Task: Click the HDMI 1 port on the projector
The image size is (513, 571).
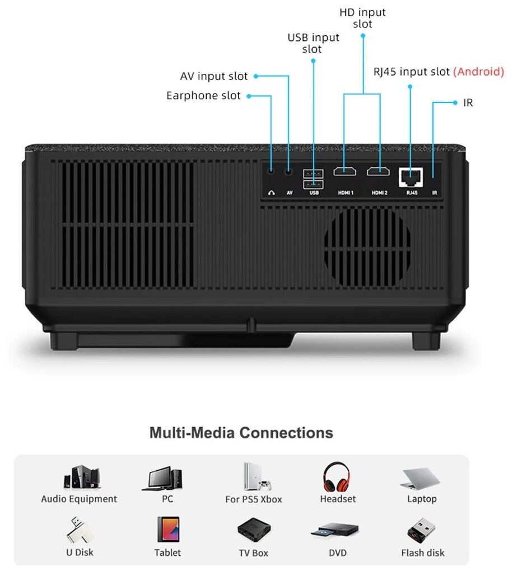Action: coord(345,171)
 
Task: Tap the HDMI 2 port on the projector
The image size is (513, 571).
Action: coord(379,171)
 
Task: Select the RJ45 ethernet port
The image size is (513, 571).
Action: coord(411,177)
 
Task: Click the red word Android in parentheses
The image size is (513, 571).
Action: coord(478,72)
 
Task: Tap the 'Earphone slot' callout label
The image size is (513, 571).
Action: coord(203,96)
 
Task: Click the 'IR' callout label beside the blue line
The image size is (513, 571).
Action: coord(468,103)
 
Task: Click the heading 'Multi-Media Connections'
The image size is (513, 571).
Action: coord(241,433)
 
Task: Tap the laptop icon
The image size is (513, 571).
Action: coord(421,479)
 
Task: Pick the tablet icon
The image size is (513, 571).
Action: coord(168,529)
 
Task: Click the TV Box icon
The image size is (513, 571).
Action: coord(253,530)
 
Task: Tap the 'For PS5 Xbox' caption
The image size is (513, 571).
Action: coord(253,499)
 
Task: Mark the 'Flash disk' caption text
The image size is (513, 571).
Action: coord(423,553)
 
